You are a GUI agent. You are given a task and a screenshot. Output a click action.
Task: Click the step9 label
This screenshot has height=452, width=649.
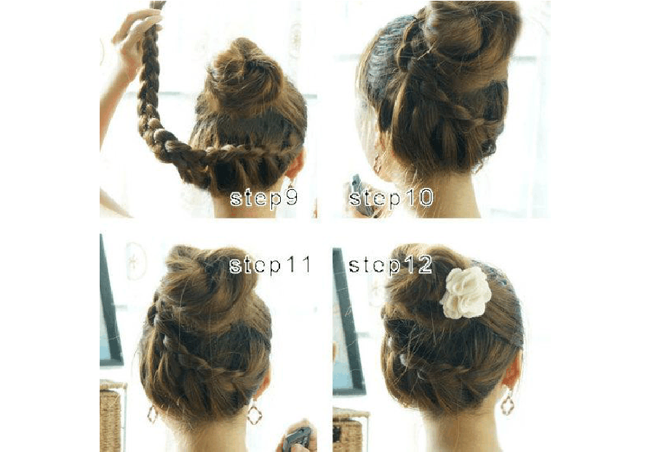point(263,198)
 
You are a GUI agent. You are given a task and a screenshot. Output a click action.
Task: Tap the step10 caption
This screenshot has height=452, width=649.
point(391,197)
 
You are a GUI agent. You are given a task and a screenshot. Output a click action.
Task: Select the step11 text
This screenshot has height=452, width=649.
point(270,265)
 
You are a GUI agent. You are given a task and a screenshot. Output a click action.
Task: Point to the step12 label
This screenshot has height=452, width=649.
point(390,265)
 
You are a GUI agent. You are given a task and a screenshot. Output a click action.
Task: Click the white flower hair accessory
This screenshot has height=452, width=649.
point(465,293)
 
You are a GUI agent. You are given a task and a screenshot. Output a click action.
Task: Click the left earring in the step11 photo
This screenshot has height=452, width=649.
point(152,413)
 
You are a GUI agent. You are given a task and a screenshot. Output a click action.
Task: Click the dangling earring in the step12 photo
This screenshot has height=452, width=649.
point(507,402)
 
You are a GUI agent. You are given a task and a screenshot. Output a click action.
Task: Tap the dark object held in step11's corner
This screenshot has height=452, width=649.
point(297,440)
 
